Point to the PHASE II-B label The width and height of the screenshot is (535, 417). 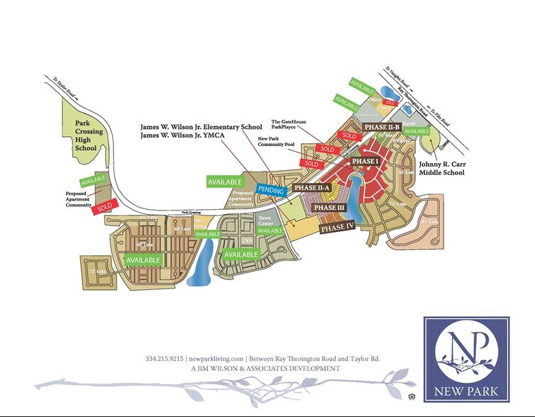(382, 126)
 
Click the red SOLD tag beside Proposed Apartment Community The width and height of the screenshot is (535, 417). (104, 206)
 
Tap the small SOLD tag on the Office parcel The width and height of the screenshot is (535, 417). (390, 103)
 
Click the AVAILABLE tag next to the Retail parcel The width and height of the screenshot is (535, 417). (417, 131)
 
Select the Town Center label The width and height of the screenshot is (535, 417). (265, 220)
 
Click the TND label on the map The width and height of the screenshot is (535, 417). (248, 241)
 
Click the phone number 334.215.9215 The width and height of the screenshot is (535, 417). (165, 359)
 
